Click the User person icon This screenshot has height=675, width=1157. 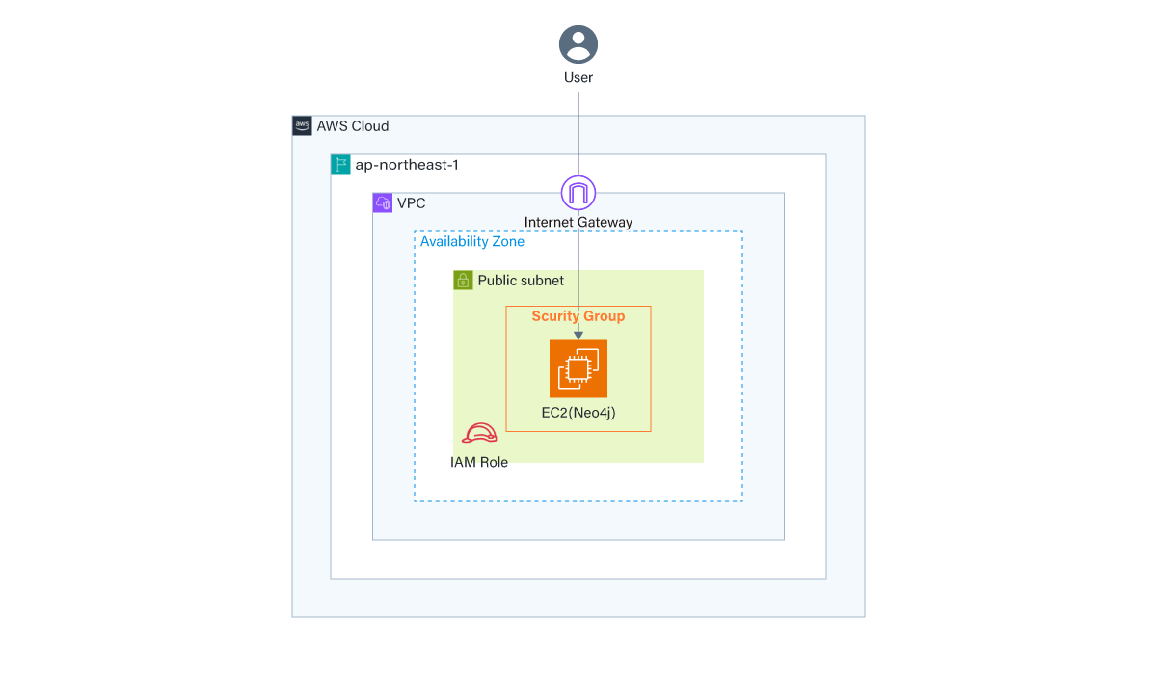578,44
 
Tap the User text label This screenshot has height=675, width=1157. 578,77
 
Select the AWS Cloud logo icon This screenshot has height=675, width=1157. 302,125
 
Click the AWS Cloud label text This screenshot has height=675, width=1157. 353,126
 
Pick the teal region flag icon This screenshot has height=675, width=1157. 340,164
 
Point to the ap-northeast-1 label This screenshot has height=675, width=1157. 407,165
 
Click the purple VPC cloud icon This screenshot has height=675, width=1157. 383,202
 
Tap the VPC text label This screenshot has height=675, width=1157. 411,203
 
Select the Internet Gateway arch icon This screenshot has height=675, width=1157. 578,194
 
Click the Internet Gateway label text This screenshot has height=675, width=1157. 578,222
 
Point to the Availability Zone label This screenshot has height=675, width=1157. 472,241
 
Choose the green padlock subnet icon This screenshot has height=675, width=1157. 463,281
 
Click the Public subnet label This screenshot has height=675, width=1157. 521,281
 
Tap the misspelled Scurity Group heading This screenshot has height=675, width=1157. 578,316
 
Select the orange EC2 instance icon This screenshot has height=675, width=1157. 578,368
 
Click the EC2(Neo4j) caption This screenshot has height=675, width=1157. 578,413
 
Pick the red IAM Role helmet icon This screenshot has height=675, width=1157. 479,434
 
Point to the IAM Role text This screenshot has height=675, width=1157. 479,462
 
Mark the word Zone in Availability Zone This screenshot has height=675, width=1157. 507,241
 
